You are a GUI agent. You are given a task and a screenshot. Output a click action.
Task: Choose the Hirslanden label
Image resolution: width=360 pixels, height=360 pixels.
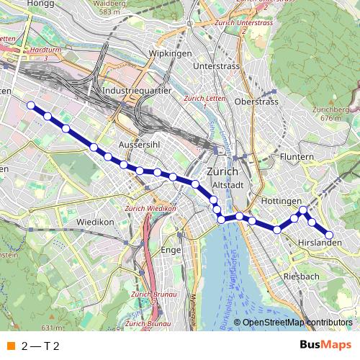(x=319, y=243)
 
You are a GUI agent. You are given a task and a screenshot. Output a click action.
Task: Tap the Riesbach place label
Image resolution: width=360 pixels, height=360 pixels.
(x=302, y=276)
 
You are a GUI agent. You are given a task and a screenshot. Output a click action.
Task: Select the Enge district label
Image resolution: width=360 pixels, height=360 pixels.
(x=171, y=250)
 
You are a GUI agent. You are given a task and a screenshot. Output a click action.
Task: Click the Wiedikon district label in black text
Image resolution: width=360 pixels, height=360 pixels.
(x=95, y=222)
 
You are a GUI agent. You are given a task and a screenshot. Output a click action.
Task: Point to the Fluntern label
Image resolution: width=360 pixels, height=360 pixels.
(x=297, y=156)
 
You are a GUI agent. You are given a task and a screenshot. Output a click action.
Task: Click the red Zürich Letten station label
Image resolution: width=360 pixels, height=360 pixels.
(x=201, y=99)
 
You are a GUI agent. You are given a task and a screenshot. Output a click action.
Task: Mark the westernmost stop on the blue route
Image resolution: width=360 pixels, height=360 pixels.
(x=31, y=106)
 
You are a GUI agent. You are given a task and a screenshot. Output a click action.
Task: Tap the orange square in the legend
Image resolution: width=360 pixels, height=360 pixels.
(x=10, y=346)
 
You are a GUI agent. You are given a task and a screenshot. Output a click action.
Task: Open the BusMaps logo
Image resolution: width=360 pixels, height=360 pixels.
(x=325, y=345)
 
